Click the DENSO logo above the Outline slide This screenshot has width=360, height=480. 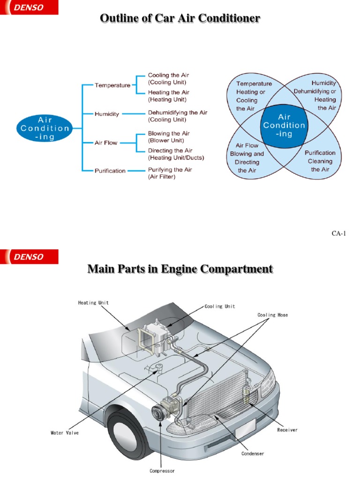tap(29, 8)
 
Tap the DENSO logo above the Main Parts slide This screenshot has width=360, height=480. tap(29, 256)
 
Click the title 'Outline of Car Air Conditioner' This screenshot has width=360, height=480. tap(180, 19)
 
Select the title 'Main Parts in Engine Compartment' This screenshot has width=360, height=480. tap(180, 269)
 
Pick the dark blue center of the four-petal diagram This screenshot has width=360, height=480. tap(284, 126)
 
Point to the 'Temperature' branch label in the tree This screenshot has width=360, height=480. tap(112, 86)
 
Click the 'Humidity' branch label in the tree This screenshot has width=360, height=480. tap(107, 114)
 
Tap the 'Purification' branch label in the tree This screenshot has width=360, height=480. tap(110, 171)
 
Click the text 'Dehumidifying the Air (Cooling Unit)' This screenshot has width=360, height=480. tap(177, 116)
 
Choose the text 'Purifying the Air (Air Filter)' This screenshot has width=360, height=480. tap(170, 173)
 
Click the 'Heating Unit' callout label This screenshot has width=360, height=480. tap(93, 303)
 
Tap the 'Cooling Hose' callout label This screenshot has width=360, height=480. tap(273, 315)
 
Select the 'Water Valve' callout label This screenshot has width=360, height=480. tap(65, 433)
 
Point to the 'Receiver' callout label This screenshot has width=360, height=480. tap(287, 430)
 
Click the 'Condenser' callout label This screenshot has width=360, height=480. tap(253, 453)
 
